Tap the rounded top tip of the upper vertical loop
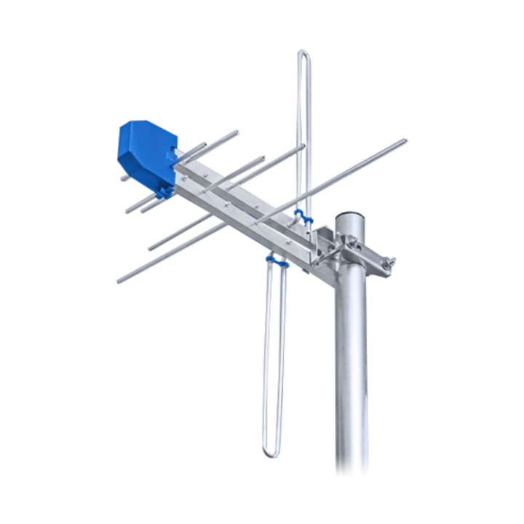303,52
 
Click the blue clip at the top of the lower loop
277,260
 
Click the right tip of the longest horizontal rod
404,140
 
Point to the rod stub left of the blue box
124,178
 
